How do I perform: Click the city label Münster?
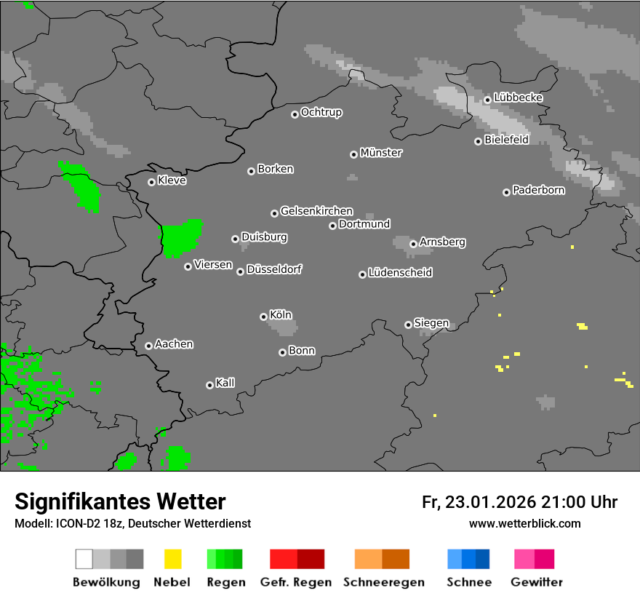tap(381, 153)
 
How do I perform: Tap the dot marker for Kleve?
tap(151, 182)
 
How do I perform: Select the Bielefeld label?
tap(507, 140)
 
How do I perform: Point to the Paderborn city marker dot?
tap(506, 192)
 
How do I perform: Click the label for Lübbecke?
tap(519, 98)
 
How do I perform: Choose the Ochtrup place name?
tap(321, 113)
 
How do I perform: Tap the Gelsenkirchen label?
tap(316, 211)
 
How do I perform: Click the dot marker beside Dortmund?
tap(332, 226)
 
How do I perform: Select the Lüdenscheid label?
tap(400, 273)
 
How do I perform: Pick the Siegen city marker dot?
tap(408, 325)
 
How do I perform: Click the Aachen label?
tap(174, 344)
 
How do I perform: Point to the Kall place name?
tap(225, 383)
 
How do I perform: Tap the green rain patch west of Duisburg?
tap(180, 237)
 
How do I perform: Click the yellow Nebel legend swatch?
tap(172, 559)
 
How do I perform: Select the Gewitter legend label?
tap(537, 582)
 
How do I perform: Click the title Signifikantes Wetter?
tap(120, 501)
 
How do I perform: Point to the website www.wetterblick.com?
tap(525, 523)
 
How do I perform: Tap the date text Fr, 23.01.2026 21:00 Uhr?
tap(519, 502)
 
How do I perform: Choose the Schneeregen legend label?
tap(384, 582)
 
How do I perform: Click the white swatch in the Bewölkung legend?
tap(84, 559)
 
